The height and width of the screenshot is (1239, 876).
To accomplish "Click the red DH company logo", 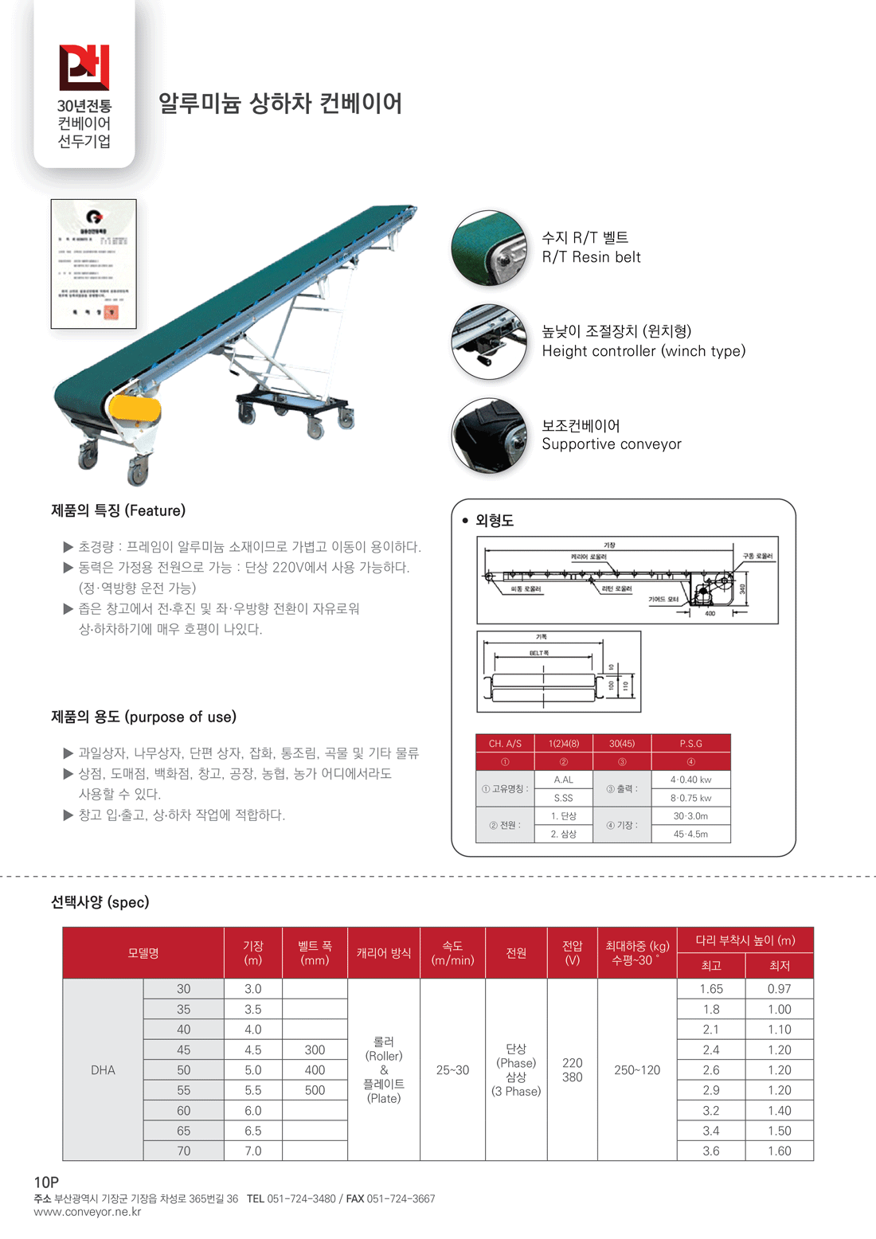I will pos(84,67).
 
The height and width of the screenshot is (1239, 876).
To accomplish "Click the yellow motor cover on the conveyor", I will pos(134,410).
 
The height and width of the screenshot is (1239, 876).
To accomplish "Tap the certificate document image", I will pos(94,264).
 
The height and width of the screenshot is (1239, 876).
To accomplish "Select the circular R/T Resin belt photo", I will pos(489,248).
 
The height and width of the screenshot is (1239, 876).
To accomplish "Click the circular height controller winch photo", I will pos(489,342).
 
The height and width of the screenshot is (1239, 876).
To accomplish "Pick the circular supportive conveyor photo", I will pos(489,436).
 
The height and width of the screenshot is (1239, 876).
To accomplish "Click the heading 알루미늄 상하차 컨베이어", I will pos(280,104).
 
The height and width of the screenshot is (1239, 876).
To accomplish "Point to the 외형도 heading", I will pos(494,521).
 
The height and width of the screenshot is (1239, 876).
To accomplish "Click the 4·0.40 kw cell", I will pos(690,780).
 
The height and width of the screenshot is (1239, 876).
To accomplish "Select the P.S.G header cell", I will pos(690,744).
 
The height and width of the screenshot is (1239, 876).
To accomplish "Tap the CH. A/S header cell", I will pos(505,744).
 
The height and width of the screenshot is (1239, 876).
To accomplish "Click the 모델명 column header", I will pos(143,953).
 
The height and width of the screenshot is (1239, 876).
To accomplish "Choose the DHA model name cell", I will pos(103,1070).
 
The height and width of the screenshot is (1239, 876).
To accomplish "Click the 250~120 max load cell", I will pos(636,1070).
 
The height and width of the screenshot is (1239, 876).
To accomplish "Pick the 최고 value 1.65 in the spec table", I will pos(711,989).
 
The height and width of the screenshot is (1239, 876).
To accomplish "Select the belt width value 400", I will pos(315,1070).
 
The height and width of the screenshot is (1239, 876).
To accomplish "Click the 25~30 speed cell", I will pos(452,1070).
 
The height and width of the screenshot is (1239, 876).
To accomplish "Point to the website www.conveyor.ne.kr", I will pos(88,1212).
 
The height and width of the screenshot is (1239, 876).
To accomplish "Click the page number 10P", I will pos(46,1182).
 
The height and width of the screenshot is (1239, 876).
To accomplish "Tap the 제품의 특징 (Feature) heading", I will pos(118,510).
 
